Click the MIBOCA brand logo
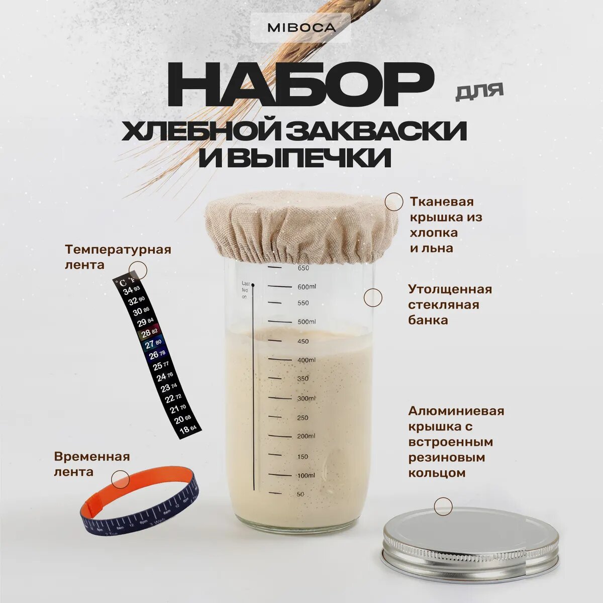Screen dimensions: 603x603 tap(301, 28)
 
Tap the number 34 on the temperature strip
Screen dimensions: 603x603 tap(128, 290)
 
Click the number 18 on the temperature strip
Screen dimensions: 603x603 tap(184, 430)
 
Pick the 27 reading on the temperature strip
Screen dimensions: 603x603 tap(149, 345)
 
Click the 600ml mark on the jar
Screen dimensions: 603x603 tap(307, 287)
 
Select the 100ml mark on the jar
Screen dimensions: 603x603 tap(306, 475)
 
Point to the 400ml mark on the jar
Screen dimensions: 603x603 tap(306, 360)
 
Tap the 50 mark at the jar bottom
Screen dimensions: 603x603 tap(300, 494)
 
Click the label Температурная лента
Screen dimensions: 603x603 tap(118, 257)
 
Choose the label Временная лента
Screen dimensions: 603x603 tap(91, 464)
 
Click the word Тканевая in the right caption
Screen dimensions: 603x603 tap(442, 202)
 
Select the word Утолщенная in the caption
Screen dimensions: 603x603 tap(450, 289)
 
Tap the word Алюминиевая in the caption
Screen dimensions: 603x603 tap(456, 411)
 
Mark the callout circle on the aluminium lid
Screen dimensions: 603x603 tap(443, 507)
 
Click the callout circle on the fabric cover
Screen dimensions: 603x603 tap(393, 202)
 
